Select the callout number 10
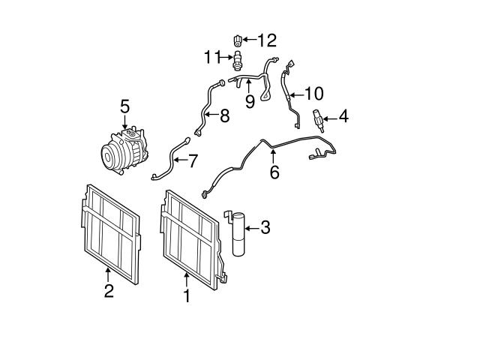click(313, 94)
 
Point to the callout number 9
click(250, 100)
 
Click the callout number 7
click(193, 160)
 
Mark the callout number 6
click(274, 172)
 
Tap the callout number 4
click(343, 116)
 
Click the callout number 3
click(265, 227)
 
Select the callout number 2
click(109, 290)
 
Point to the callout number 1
click(187, 296)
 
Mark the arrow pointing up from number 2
click(109, 274)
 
